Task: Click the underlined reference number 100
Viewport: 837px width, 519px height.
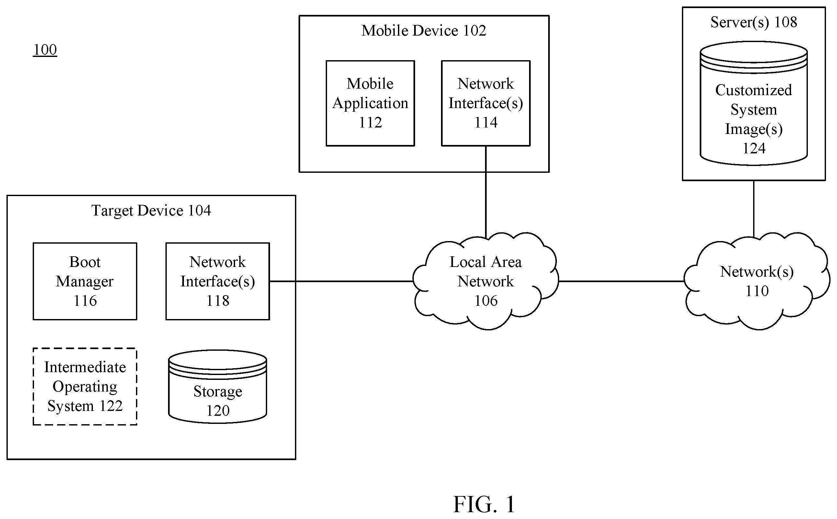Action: click(x=45, y=50)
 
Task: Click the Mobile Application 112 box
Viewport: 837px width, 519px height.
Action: click(x=370, y=103)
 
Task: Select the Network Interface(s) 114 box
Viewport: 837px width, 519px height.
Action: click(x=486, y=103)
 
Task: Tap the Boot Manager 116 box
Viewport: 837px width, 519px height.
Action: click(x=85, y=282)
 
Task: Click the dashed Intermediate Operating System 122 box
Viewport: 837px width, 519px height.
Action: click(x=85, y=387)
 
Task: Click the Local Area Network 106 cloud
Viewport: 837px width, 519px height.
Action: click(x=486, y=281)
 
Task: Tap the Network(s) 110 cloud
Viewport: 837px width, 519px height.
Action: click(x=757, y=281)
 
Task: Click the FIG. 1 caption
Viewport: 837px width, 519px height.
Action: click(x=484, y=504)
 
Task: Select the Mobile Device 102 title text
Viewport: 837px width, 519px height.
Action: click(x=424, y=31)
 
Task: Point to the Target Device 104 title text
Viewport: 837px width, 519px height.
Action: click(x=151, y=211)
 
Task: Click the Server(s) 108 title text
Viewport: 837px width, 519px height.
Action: click(x=753, y=22)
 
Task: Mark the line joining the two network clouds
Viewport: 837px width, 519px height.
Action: click(x=621, y=281)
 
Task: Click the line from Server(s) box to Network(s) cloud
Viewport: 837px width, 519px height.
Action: click(x=753, y=209)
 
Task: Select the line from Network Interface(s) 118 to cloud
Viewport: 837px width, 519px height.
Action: click(x=341, y=281)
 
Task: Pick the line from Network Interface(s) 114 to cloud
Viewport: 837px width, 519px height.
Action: click(x=486, y=192)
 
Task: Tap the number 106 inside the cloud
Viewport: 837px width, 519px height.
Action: click(x=486, y=301)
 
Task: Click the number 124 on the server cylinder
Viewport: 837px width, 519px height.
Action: click(x=754, y=149)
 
